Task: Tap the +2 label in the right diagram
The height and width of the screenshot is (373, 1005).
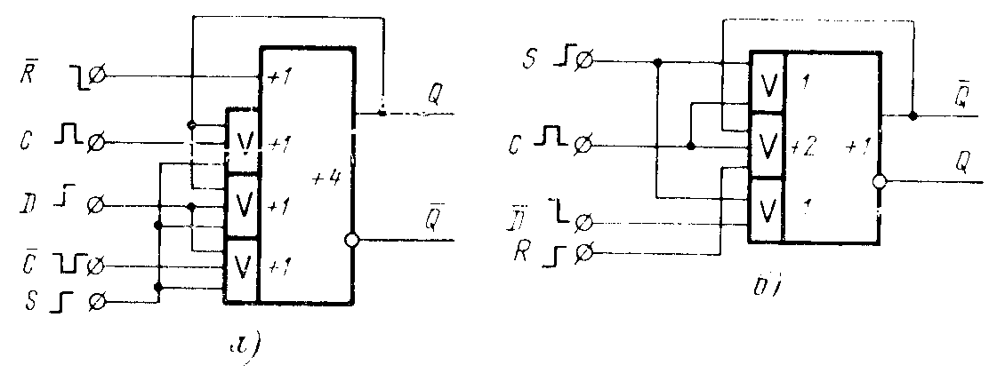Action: pyautogui.click(x=804, y=147)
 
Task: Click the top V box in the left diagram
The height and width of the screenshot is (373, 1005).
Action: pyautogui.click(x=242, y=141)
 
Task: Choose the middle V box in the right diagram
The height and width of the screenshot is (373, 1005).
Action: pyautogui.click(x=767, y=146)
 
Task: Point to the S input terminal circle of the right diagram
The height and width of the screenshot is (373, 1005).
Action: pyautogui.click(x=585, y=62)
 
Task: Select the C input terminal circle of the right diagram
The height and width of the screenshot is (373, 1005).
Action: pyautogui.click(x=585, y=145)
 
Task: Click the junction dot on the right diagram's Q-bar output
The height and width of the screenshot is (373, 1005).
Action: pyautogui.click(x=913, y=115)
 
